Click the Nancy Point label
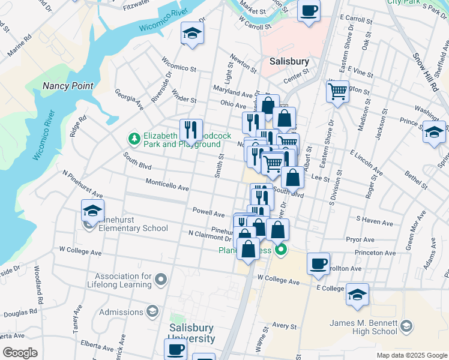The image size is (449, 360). pyautogui.click(x=67, y=86)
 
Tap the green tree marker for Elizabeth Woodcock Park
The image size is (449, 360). pyautogui.click(x=134, y=139)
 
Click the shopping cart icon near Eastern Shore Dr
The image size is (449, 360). pyautogui.click(x=338, y=91)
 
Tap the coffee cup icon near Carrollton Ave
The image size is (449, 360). pyautogui.click(x=318, y=262)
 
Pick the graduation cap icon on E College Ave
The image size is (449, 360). pyautogui.click(x=357, y=294)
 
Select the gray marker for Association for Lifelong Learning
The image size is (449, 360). pyautogui.click(x=160, y=279)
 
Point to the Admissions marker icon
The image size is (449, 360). pyautogui.click(x=152, y=311)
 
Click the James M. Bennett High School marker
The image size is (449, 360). pyautogui.click(x=406, y=326)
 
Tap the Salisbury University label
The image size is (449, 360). pyautogui.click(x=191, y=333)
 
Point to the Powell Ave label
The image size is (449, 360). pyautogui.click(x=208, y=211)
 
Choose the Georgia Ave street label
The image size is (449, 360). pyautogui.click(x=129, y=100)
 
